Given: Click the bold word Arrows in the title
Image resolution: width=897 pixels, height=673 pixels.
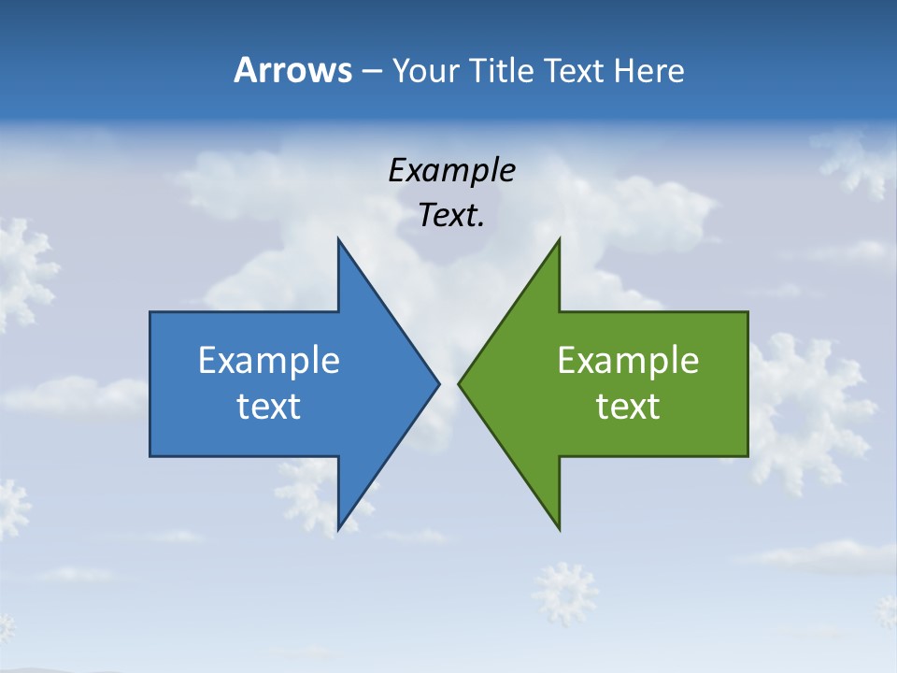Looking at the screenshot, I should click(x=292, y=70).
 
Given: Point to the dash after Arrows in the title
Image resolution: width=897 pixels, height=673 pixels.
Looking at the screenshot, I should click(x=370, y=71).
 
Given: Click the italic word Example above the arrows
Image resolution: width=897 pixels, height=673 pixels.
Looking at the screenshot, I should click(x=451, y=170).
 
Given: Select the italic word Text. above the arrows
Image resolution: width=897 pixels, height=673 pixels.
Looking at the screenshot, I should click(x=451, y=216).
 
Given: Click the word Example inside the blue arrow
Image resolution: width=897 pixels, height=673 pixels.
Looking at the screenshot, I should click(x=269, y=360).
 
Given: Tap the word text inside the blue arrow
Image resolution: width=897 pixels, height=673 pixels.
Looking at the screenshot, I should click(x=269, y=407).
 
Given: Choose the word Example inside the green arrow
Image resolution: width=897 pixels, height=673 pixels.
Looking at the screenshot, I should click(x=628, y=360).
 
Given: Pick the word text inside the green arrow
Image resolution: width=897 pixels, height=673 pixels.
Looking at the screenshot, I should click(x=628, y=407).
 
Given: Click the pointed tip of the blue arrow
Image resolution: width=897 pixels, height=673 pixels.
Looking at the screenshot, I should click(x=438, y=383).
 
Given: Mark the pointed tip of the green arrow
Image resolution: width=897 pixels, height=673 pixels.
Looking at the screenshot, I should click(x=459, y=383).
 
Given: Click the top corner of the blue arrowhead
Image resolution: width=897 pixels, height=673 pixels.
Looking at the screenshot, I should click(x=338, y=240).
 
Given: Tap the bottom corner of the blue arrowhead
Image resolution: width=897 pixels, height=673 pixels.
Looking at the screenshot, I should click(x=338, y=529).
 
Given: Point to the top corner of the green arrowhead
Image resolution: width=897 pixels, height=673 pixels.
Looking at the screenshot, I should click(x=559, y=240).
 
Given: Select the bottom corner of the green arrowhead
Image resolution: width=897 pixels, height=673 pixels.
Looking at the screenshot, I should click(x=559, y=529).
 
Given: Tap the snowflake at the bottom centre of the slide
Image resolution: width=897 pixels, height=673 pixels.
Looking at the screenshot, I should click(x=564, y=593).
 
